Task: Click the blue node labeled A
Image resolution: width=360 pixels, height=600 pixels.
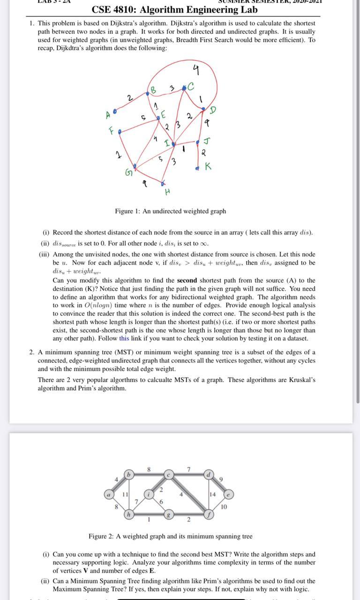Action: (x=115, y=113)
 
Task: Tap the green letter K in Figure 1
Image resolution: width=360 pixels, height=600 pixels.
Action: (x=208, y=166)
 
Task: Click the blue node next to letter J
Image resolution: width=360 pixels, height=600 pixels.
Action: (x=199, y=142)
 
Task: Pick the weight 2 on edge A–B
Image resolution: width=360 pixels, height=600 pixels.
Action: (x=129, y=98)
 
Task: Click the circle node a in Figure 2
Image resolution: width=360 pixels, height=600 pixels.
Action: (x=109, y=494)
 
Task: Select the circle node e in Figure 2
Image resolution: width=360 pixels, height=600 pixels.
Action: (x=228, y=494)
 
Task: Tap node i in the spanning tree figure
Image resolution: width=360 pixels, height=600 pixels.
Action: (x=149, y=494)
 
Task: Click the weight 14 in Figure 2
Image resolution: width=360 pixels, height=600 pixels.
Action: (x=212, y=494)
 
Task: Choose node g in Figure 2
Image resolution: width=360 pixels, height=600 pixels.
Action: (x=168, y=515)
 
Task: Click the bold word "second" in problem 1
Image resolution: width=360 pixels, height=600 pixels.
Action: (x=189, y=280)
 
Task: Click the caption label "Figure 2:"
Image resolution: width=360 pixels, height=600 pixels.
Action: (x=101, y=536)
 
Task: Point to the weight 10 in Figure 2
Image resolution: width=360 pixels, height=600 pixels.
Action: (x=224, y=507)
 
